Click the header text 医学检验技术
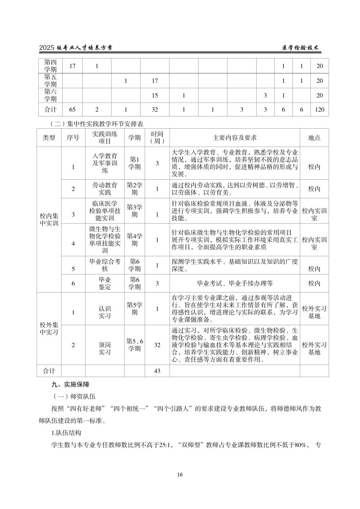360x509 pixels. [x=301, y=48]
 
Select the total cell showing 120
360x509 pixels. [x=319, y=110]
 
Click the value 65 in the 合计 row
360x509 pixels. [x=72, y=110]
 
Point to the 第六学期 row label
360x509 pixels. [x=50, y=95]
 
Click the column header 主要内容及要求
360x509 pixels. [x=234, y=138]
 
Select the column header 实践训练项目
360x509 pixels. [x=105, y=138]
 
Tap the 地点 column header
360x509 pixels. [x=314, y=138]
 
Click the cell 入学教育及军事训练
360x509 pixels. [x=105, y=163]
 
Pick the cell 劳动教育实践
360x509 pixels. [x=105, y=189]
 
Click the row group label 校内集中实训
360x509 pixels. [x=49, y=219]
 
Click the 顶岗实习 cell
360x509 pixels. [x=105, y=348]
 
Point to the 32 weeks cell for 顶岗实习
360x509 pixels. [x=157, y=345]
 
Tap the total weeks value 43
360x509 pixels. [x=157, y=371]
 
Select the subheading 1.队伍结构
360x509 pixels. [x=66, y=433]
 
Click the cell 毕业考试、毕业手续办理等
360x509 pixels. [x=234, y=283]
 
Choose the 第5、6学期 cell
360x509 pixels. [x=135, y=345]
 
